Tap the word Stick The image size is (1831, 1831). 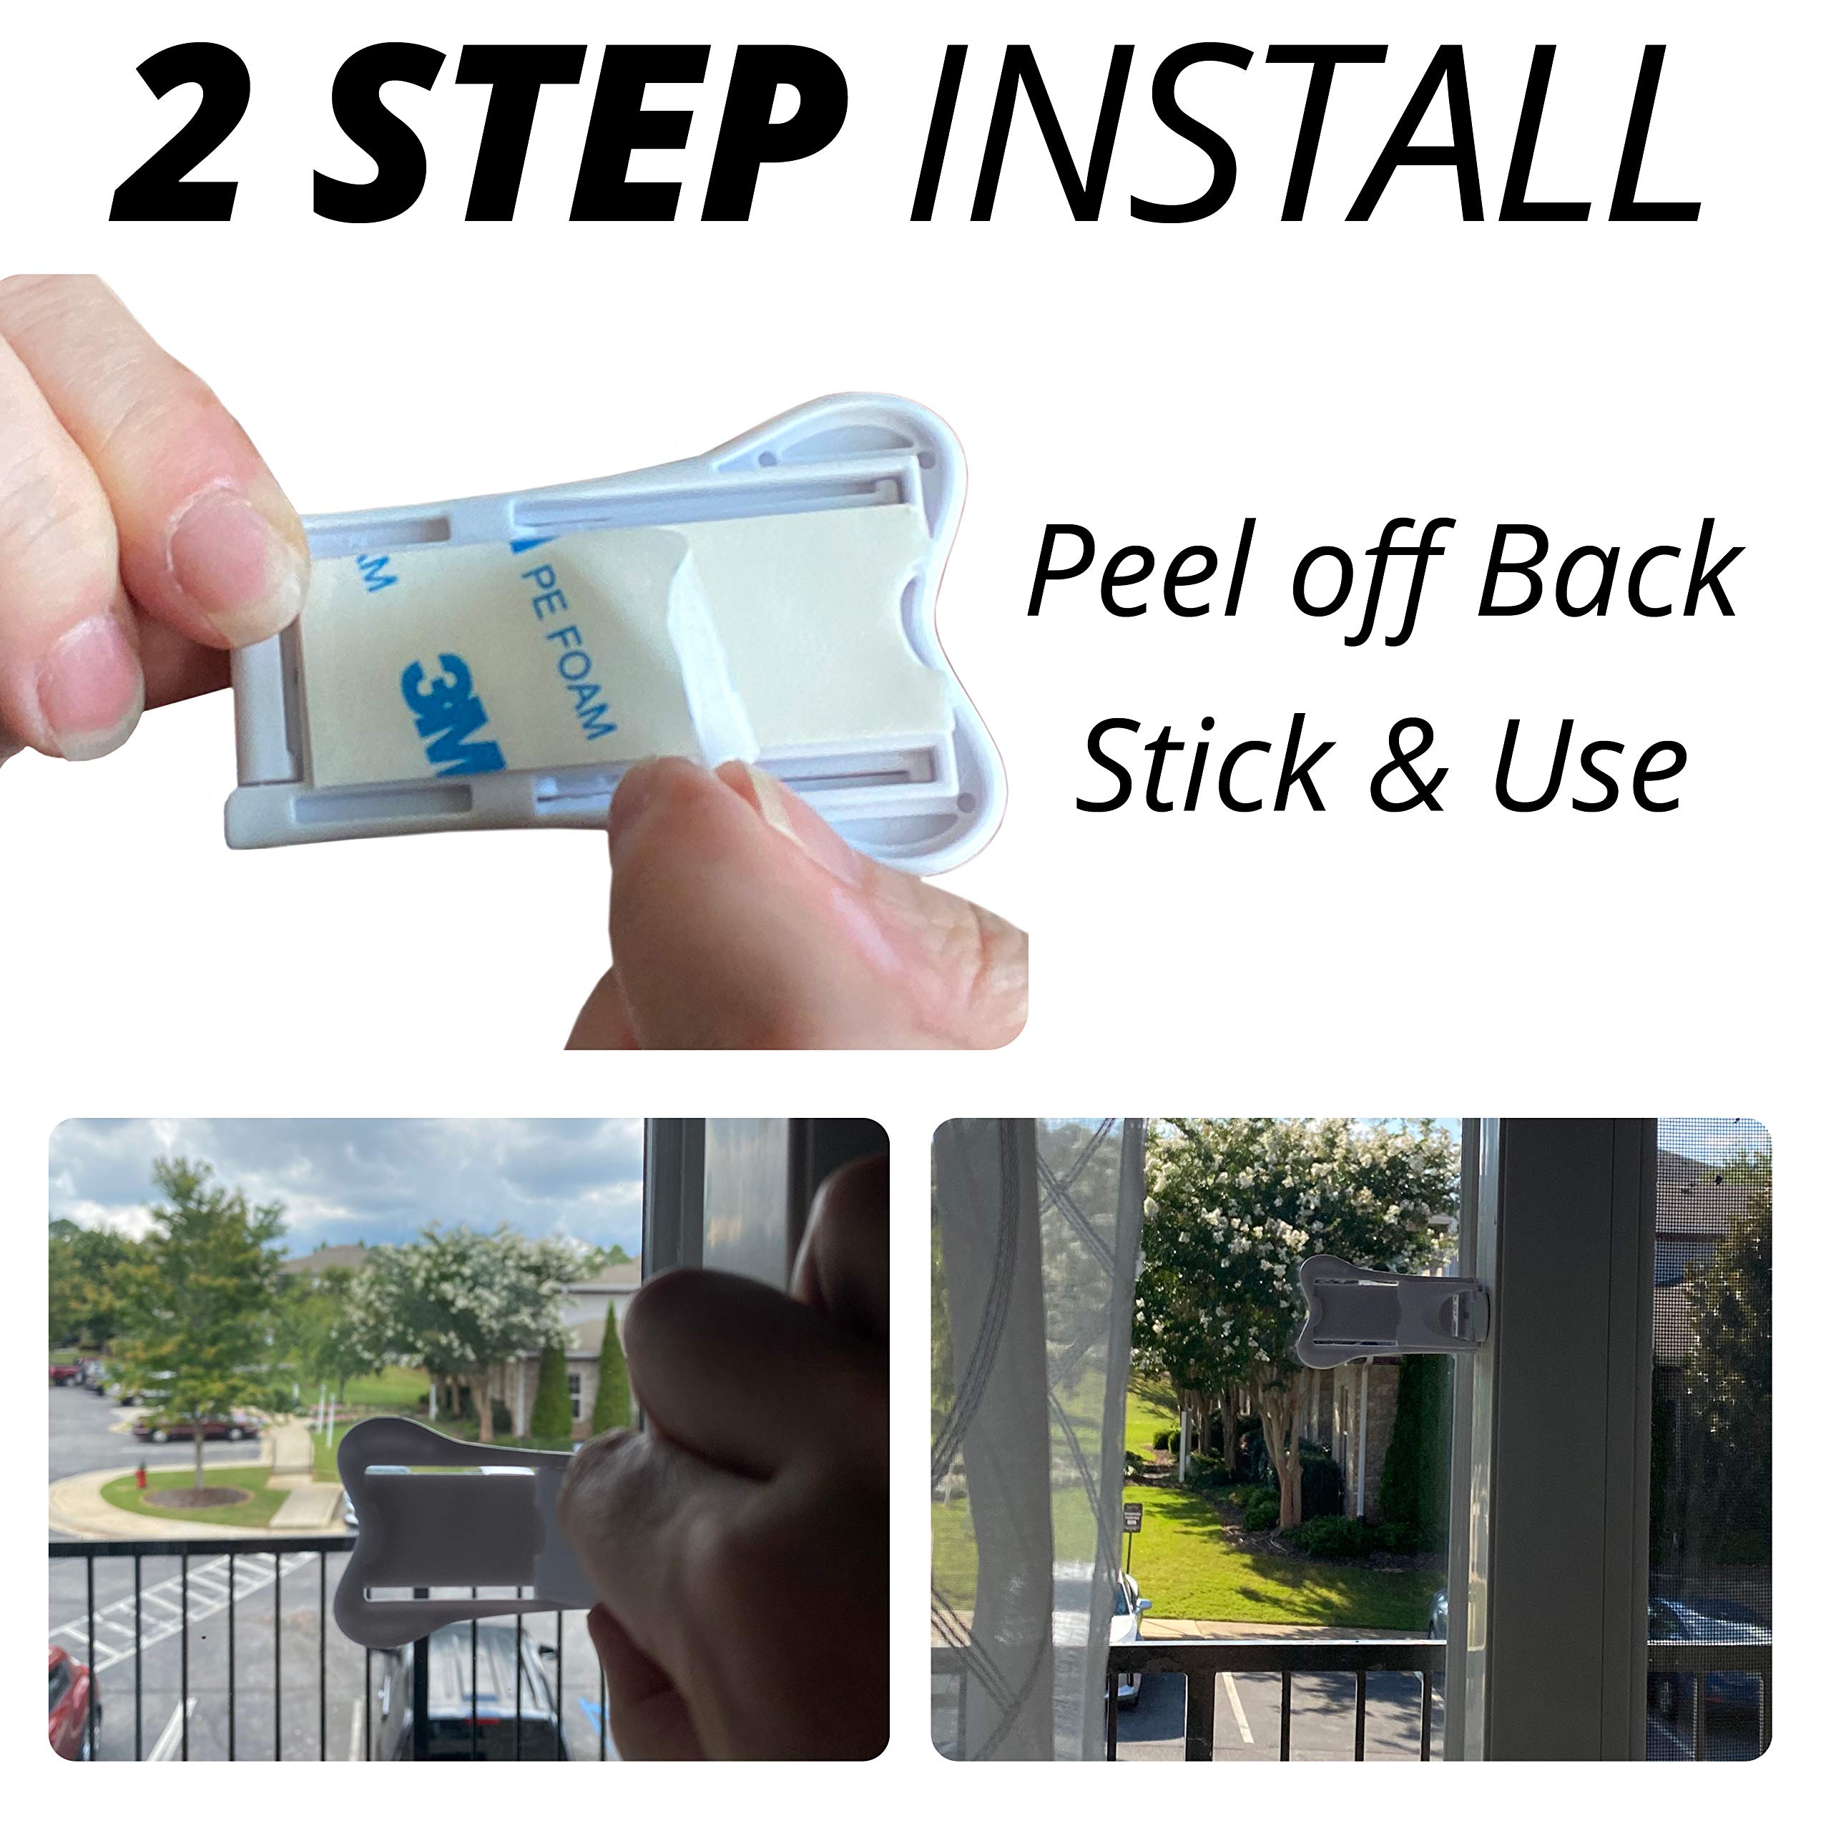[x=1204, y=764]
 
